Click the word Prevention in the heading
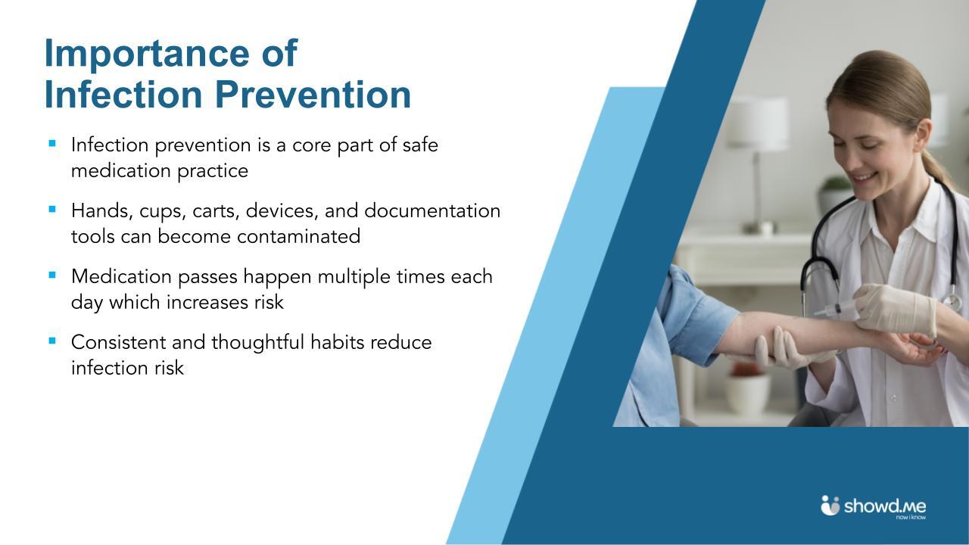[313, 95]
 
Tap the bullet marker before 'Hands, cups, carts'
[52, 208]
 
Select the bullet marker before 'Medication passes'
[52, 274]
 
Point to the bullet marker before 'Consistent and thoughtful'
[52, 340]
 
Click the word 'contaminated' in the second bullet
[298, 237]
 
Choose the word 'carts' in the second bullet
[216, 211]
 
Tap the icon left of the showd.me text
[830, 505]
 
